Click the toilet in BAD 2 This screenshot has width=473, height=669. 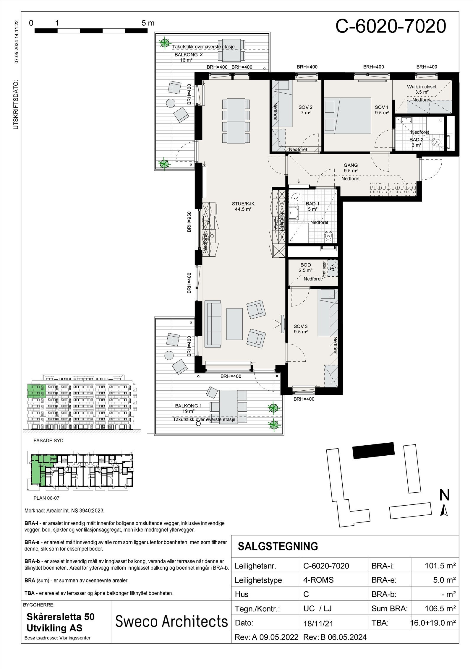pos(437,142)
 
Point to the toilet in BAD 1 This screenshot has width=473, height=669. pos(328,236)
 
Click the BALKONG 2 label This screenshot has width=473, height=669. pos(189,55)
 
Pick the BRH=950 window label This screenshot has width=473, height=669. pos(189,222)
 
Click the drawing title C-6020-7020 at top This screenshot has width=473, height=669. pos(391,26)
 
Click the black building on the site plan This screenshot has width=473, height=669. pos(374,450)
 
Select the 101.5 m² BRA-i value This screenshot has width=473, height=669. pos(440,566)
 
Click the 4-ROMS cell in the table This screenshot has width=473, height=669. pos(318,580)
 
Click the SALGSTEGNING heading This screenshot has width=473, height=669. pos(278,546)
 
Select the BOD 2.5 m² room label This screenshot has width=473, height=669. pos(306,268)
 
